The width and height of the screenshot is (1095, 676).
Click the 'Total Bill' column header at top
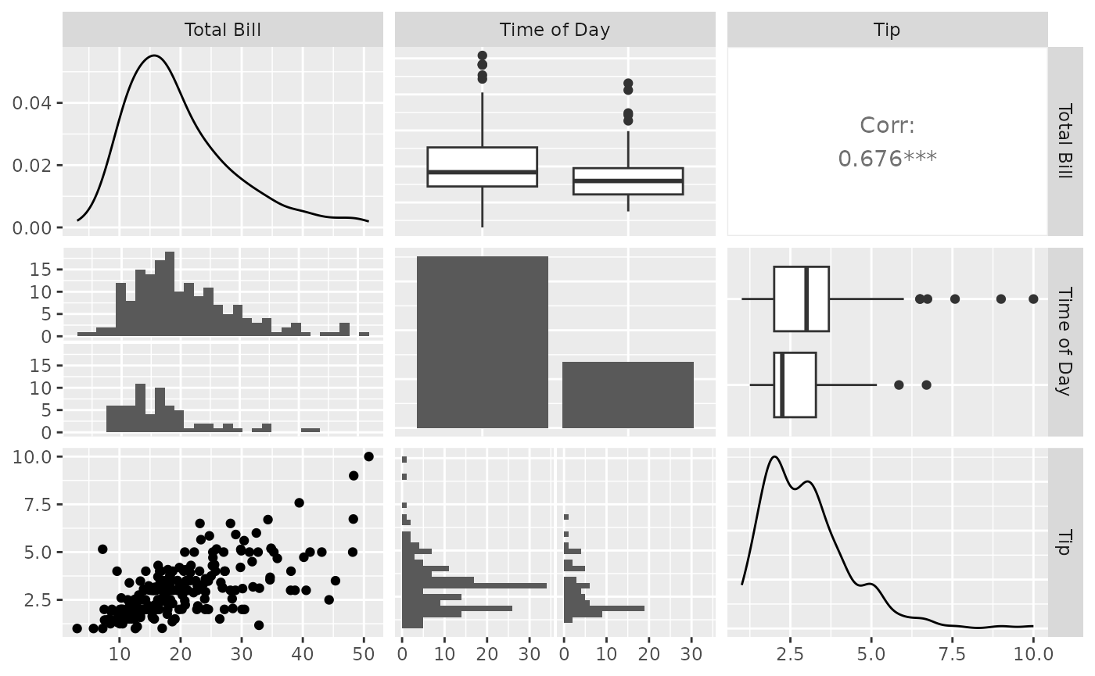(x=222, y=30)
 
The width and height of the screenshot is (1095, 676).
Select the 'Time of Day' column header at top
(x=555, y=30)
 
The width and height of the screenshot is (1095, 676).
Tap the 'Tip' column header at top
(x=887, y=30)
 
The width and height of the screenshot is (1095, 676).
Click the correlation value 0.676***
(x=887, y=159)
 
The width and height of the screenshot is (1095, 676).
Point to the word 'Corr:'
(x=887, y=126)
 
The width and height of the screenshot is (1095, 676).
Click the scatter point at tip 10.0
(x=368, y=456)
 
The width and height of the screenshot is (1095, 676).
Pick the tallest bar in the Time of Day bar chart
(x=483, y=342)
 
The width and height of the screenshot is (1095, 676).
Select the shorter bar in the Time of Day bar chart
(x=627, y=395)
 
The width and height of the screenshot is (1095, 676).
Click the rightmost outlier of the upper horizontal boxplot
(x=1033, y=299)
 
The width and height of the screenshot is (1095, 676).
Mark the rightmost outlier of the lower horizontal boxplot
(x=926, y=384)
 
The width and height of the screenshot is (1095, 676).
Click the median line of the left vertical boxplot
(x=482, y=172)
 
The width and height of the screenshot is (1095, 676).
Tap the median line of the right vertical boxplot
(x=627, y=181)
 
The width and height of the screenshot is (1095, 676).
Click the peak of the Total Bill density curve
(x=154, y=55)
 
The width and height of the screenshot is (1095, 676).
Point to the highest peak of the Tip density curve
(x=774, y=456)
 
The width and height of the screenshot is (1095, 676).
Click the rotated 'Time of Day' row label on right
(x=1064, y=342)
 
